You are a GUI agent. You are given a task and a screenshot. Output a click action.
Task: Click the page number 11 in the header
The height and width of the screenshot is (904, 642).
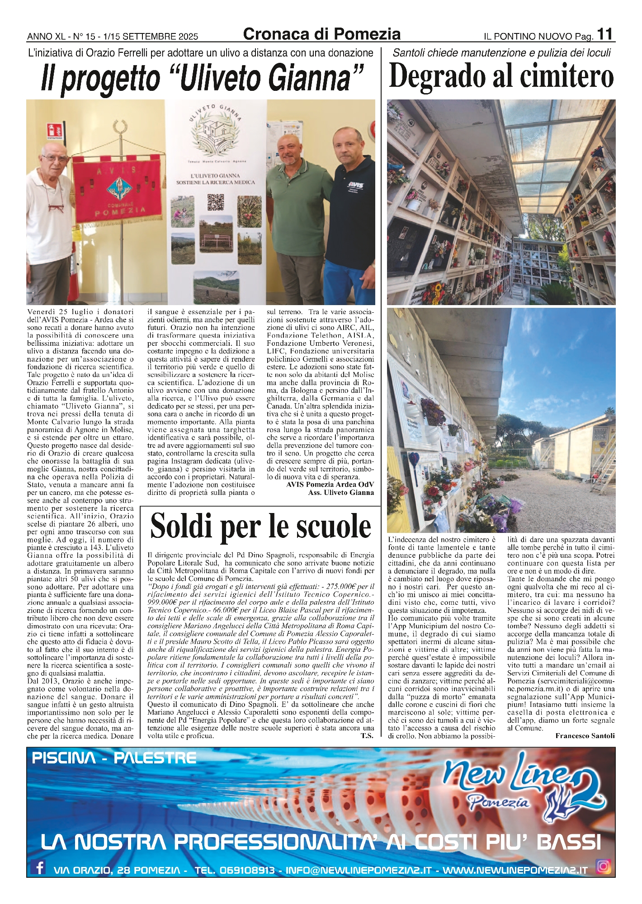pyautogui.click(x=605, y=34)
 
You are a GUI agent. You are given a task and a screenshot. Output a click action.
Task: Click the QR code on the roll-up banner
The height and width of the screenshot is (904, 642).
pyautogui.click(x=216, y=202)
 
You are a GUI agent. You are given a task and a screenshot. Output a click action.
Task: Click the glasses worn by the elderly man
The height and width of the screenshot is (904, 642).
pyautogui.click(x=55, y=158)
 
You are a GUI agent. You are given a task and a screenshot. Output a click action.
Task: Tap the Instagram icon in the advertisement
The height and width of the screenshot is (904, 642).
pyautogui.click(x=604, y=866)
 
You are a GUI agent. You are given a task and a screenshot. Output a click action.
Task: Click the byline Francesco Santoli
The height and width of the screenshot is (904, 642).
pyautogui.click(x=585, y=735)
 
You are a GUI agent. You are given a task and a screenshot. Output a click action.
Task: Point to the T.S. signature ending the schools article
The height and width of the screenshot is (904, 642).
pyautogui.click(x=367, y=735)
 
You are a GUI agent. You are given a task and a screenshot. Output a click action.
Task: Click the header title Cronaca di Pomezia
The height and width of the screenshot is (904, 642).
pyautogui.click(x=321, y=34)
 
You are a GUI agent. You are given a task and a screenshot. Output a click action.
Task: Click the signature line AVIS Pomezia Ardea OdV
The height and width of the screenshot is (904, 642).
pyautogui.click(x=330, y=485)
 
